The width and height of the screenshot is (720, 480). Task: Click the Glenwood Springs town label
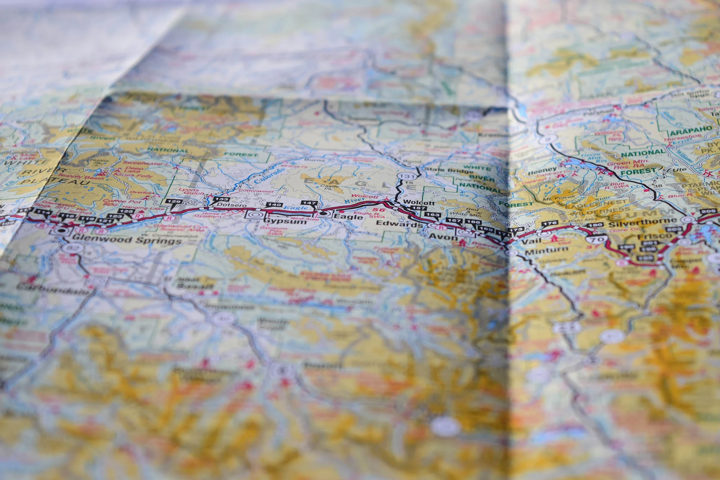[127, 239]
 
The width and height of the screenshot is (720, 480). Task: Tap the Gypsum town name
[285, 221]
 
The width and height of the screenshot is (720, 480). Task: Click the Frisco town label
[654, 237]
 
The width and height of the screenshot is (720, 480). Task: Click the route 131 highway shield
[407, 176]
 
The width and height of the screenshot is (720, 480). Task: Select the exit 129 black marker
[174, 202]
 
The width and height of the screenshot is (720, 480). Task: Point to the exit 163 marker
[432, 215]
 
